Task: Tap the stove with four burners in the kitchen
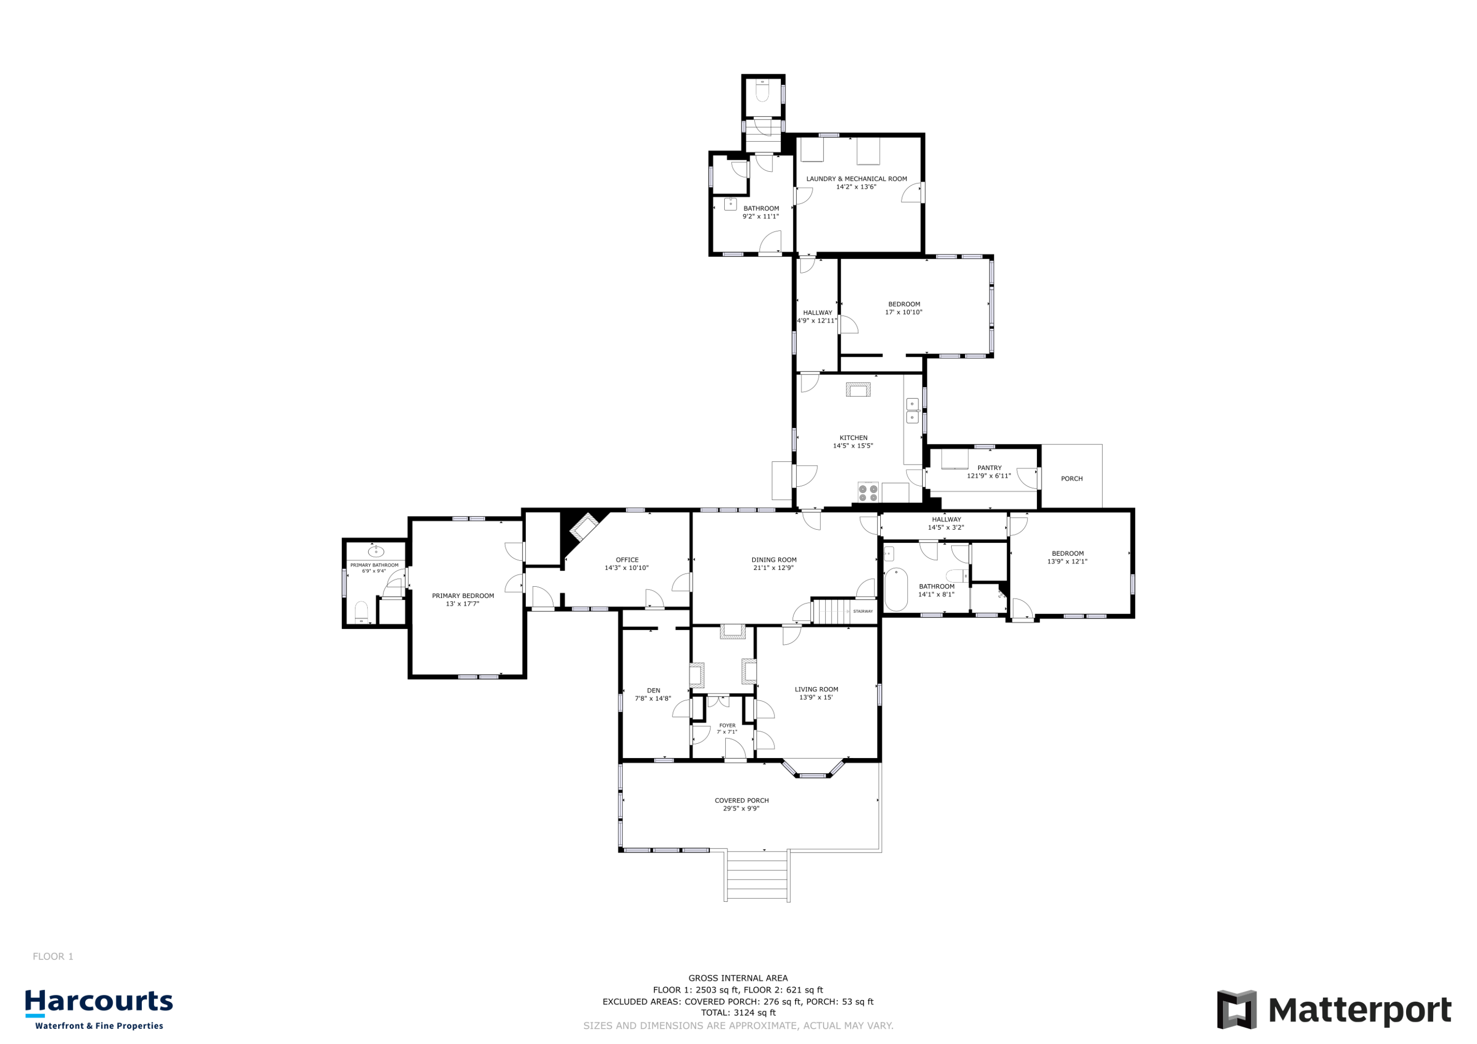pyautogui.click(x=868, y=492)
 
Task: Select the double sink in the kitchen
pyautogui.click(x=912, y=411)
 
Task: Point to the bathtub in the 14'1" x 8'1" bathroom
pyautogui.click(x=896, y=589)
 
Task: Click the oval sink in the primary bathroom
pyautogui.click(x=376, y=552)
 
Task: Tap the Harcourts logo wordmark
pyautogui.click(x=99, y=1002)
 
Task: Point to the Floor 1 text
pyautogui.click(x=53, y=956)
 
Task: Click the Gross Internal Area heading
pyautogui.click(x=738, y=978)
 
